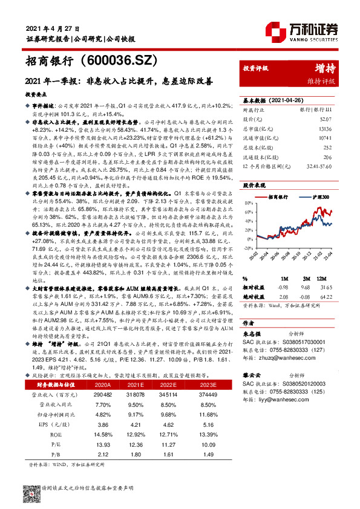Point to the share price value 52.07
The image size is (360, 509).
(328, 120)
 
